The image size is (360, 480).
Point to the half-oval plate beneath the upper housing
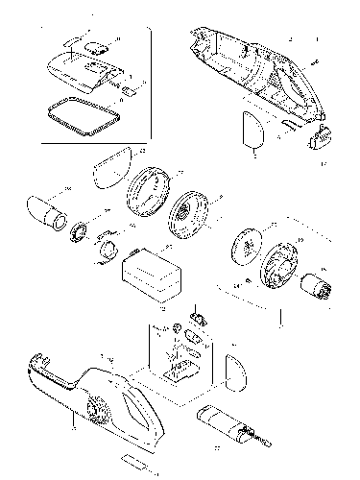pyautogui.click(x=251, y=133)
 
